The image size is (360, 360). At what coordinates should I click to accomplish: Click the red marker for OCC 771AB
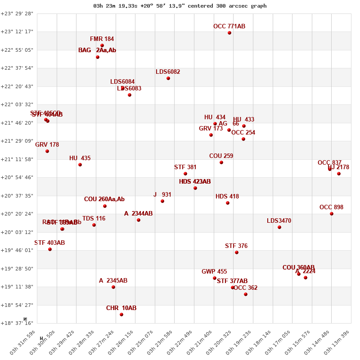(x=229, y=33)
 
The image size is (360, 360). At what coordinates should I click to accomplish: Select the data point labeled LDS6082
(x=168, y=78)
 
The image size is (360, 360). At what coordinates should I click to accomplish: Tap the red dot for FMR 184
(x=102, y=45)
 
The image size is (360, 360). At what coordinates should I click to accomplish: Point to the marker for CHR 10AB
(x=121, y=315)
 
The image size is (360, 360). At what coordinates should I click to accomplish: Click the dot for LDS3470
(x=279, y=227)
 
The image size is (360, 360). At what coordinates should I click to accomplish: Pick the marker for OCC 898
(x=332, y=214)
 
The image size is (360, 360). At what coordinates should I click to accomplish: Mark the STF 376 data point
(x=237, y=252)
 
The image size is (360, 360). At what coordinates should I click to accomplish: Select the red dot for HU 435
(x=80, y=165)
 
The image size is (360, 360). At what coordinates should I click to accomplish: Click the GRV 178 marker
(x=47, y=151)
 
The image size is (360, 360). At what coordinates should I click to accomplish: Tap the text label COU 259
(x=221, y=156)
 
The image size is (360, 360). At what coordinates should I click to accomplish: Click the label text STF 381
(x=185, y=167)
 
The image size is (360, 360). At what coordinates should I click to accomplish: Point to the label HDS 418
(x=227, y=197)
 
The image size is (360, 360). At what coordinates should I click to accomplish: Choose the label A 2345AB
(x=113, y=281)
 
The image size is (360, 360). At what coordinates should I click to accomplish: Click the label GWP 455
(x=214, y=272)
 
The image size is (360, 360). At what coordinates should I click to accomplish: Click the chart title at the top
(x=180, y=6)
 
